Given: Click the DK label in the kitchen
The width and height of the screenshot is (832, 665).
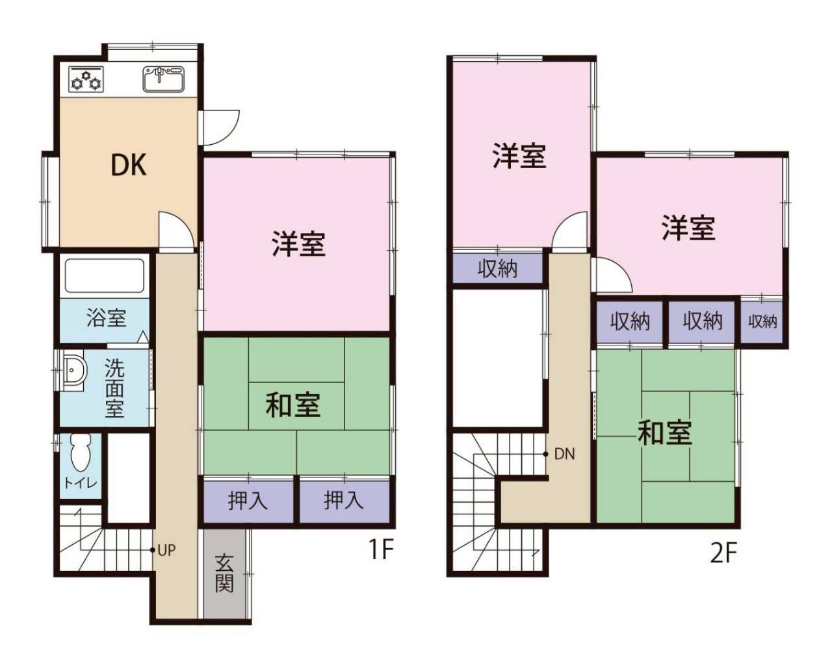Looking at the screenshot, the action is click(128, 166).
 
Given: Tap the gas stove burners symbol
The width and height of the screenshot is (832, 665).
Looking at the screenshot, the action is click(86, 79).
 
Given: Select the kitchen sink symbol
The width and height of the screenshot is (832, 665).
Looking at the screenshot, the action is click(163, 79).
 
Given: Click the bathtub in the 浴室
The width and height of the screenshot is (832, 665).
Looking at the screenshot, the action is click(105, 276).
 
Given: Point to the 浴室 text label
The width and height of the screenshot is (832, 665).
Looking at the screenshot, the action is click(106, 318).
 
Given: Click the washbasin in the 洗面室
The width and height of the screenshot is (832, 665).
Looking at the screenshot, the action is click(73, 371).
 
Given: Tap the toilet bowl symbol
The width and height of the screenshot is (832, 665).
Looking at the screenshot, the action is click(81, 453).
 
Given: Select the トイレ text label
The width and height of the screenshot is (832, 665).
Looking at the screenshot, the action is click(81, 483).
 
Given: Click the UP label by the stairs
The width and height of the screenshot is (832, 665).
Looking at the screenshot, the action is click(166, 550).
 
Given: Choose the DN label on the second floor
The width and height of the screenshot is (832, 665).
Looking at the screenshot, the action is click(564, 455).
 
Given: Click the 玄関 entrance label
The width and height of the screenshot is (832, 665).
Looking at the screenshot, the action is click(224, 573).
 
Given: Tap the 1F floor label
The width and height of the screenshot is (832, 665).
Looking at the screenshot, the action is click(381, 550).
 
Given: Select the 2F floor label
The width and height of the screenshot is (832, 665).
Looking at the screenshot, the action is click(723, 554).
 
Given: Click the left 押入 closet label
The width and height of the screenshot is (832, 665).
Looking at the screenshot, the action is click(248, 501).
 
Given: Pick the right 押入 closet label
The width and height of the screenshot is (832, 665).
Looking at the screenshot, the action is click(344, 501).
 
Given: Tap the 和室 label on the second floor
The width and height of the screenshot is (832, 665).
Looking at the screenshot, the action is click(664, 432).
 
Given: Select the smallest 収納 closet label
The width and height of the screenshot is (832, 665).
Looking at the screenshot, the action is click(762, 321).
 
